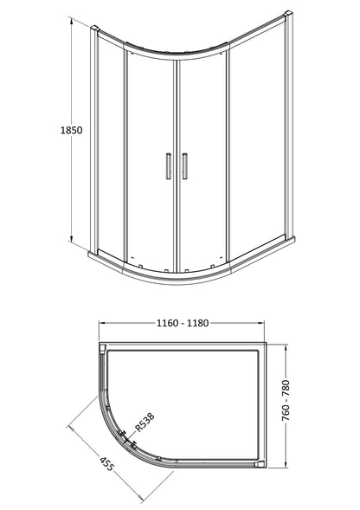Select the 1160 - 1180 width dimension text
tap(189, 324)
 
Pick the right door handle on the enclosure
tap(183, 167)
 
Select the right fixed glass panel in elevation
tap(251, 147)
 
